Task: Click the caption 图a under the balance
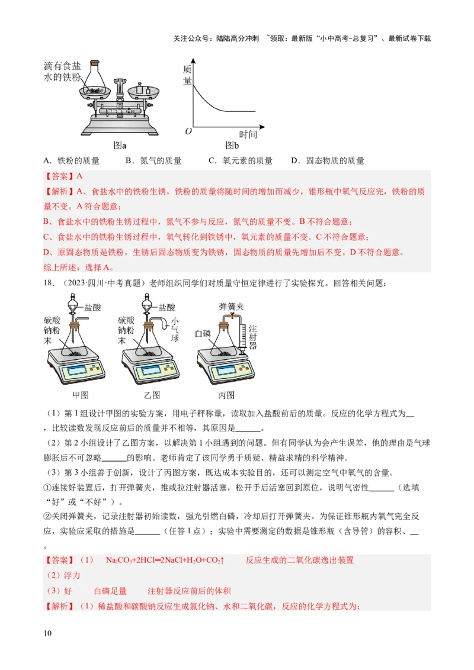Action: (x=120, y=144)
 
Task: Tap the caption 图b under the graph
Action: (x=232, y=144)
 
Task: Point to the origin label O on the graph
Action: (x=188, y=131)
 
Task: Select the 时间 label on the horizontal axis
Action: (x=248, y=134)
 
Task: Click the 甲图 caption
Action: (x=80, y=395)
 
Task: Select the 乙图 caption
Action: (x=152, y=395)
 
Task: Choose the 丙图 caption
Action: (x=226, y=395)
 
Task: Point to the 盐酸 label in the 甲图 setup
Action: (x=93, y=308)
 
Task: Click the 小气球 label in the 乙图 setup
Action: (x=175, y=330)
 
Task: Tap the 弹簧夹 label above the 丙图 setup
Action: (x=231, y=307)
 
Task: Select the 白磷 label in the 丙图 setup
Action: (x=203, y=334)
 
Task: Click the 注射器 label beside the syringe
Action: (x=252, y=337)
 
